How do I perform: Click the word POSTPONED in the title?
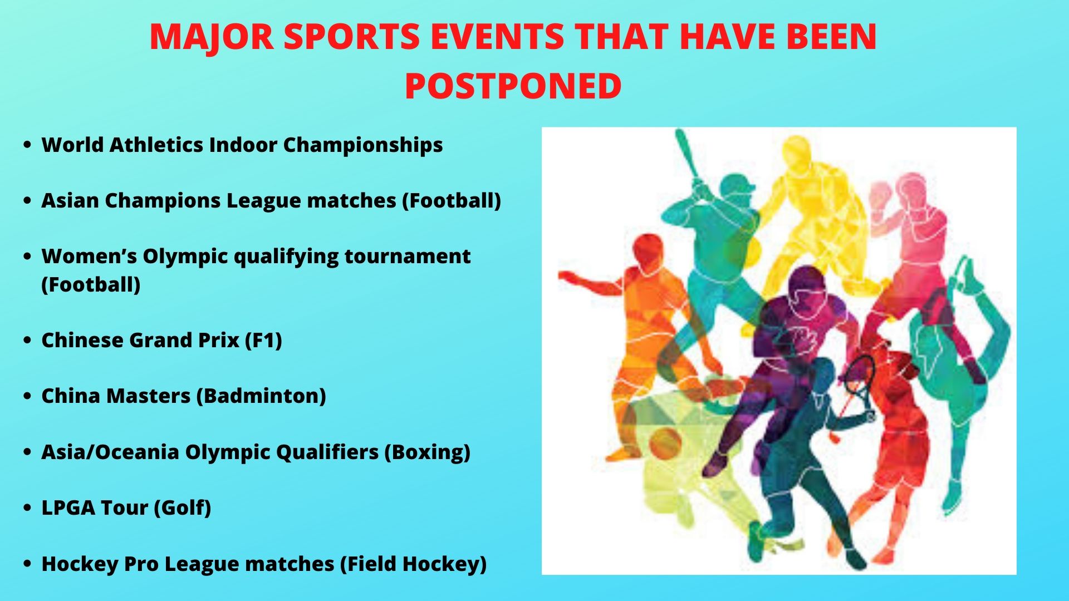513,86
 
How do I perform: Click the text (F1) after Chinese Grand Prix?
263,341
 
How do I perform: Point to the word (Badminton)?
261,396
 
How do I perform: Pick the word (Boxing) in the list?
427,452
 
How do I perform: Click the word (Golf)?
182,508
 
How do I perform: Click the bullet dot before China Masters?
27,396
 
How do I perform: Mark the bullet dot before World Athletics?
27,145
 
